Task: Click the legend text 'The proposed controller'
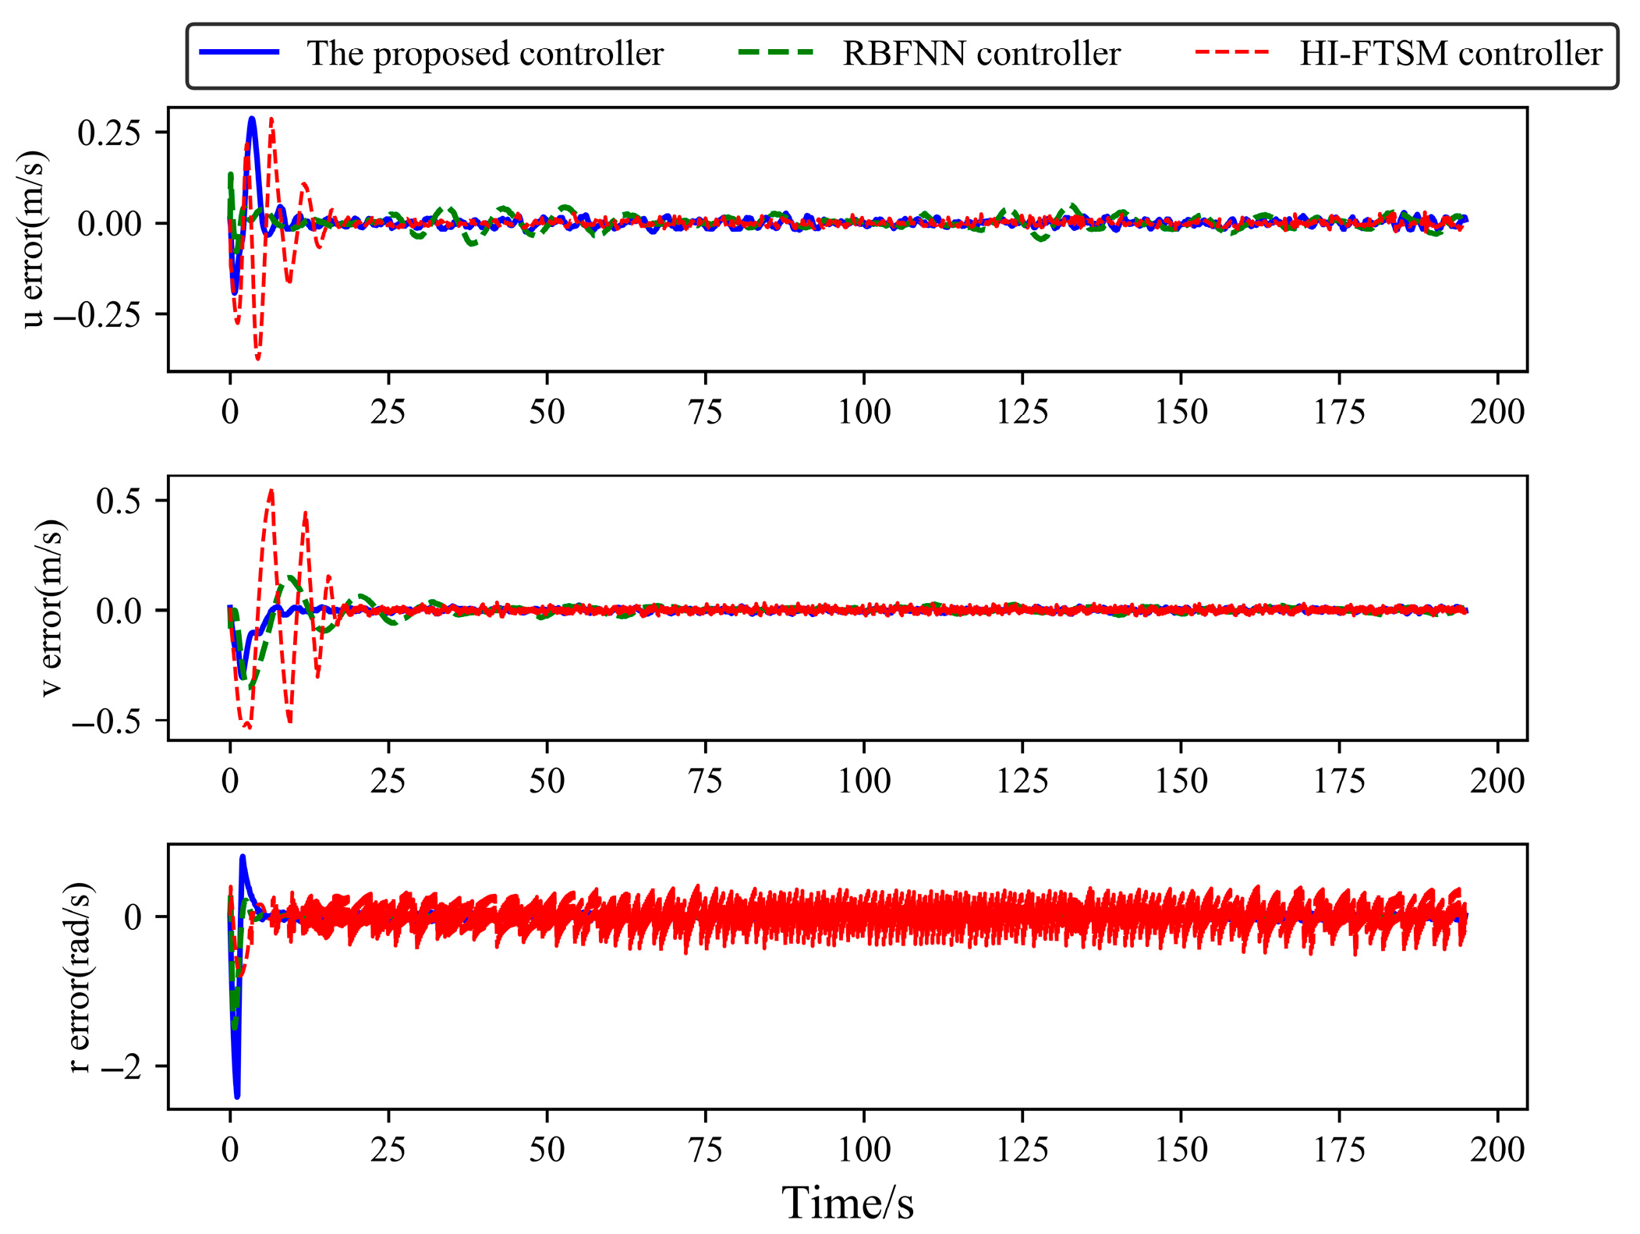click(484, 54)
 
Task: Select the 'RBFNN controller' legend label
click(981, 54)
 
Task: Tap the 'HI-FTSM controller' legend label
click(1450, 54)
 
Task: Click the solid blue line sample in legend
click(239, 52)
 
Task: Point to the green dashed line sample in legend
click(775, 52)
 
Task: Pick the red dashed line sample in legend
click(1232, 52)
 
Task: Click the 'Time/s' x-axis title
click(847, 1202)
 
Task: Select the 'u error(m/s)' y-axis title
click(33, 239)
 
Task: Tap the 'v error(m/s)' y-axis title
click(50, 608)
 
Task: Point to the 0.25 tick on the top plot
click(109, 133)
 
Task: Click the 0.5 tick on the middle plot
click(119, 501)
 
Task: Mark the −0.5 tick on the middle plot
click(107, 722)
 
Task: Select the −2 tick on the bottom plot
click(122, 1066)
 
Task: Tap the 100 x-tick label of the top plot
click(863, 411)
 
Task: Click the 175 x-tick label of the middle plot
click(1338, 780)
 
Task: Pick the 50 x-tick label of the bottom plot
click(546, 1149)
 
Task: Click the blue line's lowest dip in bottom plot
click(237, 1096)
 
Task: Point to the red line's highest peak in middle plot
click(271, 491)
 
